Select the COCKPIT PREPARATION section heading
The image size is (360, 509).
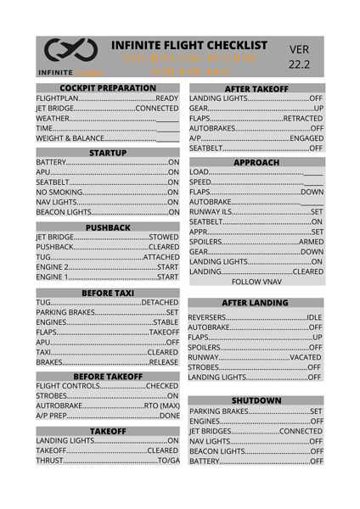pyautogui.click(x=107, y=88)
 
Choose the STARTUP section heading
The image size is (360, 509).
pyautogui.click(x=107, y=153)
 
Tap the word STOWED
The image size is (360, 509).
pyautogui.click(x=163, y=237)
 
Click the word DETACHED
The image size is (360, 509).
pyautogui.click(x=160, y=302)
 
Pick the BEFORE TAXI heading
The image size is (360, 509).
pyautogui.click(x=107, y=292)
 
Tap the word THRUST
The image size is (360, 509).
pyautogui.click(x=50, y=460)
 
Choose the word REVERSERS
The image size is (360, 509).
pyautogui.click(x=212, y=316)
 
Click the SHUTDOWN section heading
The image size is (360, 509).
pyautogui.click(x=256, y=400)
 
